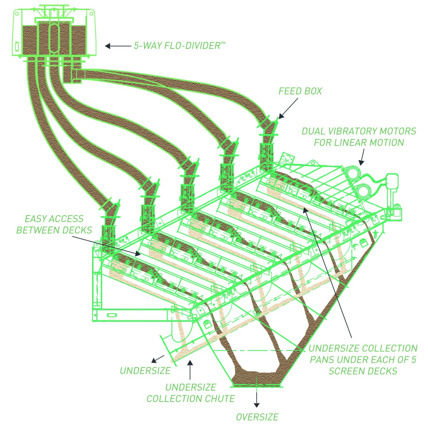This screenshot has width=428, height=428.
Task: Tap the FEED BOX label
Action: click(300, 91)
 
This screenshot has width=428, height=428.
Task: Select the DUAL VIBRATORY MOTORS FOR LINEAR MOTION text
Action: click(359, 137)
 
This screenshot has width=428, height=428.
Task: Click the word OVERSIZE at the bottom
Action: click(257, 417)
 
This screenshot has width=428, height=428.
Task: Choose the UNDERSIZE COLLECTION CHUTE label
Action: click(190, 393)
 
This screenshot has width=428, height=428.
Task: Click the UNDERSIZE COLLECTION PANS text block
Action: click(363, 360)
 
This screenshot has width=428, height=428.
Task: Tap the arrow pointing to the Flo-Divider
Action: click(118, 46)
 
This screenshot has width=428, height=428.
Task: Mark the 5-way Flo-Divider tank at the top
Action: click(53, 34)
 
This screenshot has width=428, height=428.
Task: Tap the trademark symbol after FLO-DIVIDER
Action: click(223, 43)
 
